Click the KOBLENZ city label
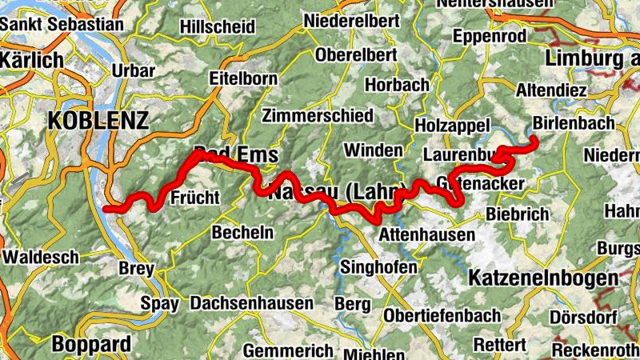tap(98, 121)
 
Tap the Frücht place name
tap(195, 197)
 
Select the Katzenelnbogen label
tap(543, 278)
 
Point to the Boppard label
tap(91, 345)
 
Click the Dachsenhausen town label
tap(251, 304)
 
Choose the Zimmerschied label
tap(318, 115)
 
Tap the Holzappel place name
tap(453, 125)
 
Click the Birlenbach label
tap(574, 123)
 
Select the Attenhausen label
tap(426, 235)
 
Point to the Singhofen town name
tap(378, 266)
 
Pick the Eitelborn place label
tap(242, 78)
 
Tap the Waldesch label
tap(41, 258)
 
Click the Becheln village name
tap(242, 232)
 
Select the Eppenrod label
tap(490, 37)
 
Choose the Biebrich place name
tap(517, 214)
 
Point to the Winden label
tap(373, 150)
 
